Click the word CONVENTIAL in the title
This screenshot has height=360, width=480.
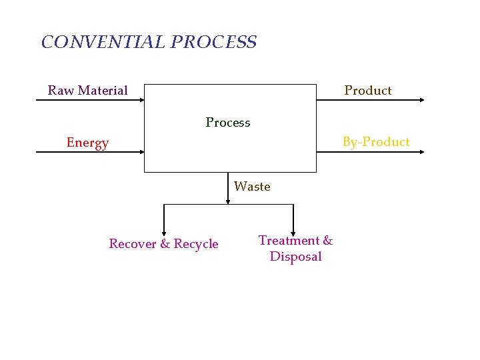tap(103, 43)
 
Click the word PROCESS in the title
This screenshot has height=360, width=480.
tap(213, 43)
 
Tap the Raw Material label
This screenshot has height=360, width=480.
tap(87, 91)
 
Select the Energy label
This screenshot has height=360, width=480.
tap(87, 143)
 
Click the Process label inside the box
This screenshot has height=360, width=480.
tap(228, 123)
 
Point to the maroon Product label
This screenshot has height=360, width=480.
tap(367, 91)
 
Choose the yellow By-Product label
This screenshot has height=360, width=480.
tap(376, 142)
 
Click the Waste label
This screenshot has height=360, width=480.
tap(252, 187)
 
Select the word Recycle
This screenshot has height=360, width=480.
tap(196, 244)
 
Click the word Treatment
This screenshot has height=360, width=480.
tap(289, 241)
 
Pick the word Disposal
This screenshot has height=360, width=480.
tap(295, 257)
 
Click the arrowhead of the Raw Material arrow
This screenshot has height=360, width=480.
tap(141, 100)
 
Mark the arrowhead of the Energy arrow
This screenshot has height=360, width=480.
tap(141, 152)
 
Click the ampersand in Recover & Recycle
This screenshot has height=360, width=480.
tap(165, 244)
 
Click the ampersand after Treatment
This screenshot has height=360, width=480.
tap(327, 241)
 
